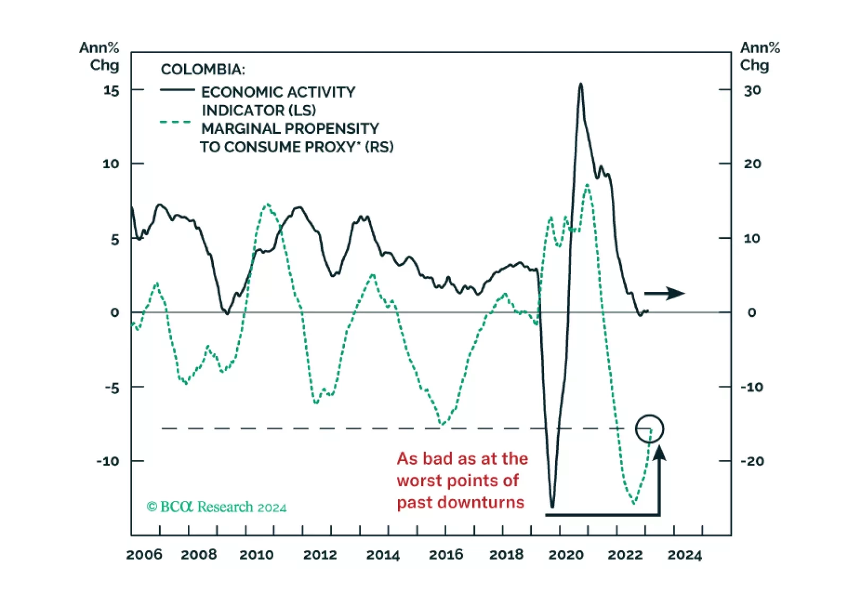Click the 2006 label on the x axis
144,555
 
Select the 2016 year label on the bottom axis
446,555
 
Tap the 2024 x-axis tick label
685,555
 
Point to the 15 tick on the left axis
111,91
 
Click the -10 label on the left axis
108,461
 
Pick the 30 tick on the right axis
752,91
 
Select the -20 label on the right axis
752,461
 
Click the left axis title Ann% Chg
100,56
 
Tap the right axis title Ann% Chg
759,56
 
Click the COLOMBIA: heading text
203,70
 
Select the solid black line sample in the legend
177,90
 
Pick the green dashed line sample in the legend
175,122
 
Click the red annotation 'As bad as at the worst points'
462,480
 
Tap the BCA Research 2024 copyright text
217,507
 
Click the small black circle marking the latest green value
650,429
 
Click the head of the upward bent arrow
659,452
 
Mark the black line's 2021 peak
581,84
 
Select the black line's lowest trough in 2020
552,507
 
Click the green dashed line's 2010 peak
267,204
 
